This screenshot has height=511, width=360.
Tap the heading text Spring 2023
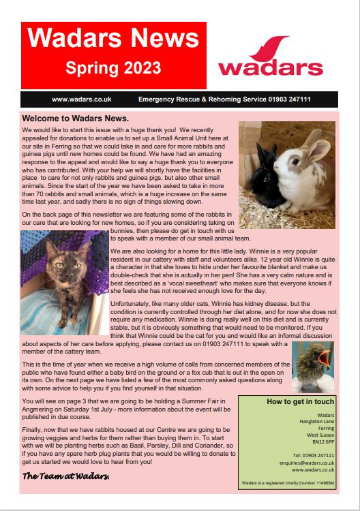point(113,68)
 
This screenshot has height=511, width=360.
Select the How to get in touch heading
point(300,402)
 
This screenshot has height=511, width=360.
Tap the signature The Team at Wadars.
point(66,474)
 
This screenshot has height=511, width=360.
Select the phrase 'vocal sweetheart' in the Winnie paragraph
point(186,298)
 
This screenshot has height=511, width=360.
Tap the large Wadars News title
point(113,40)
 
